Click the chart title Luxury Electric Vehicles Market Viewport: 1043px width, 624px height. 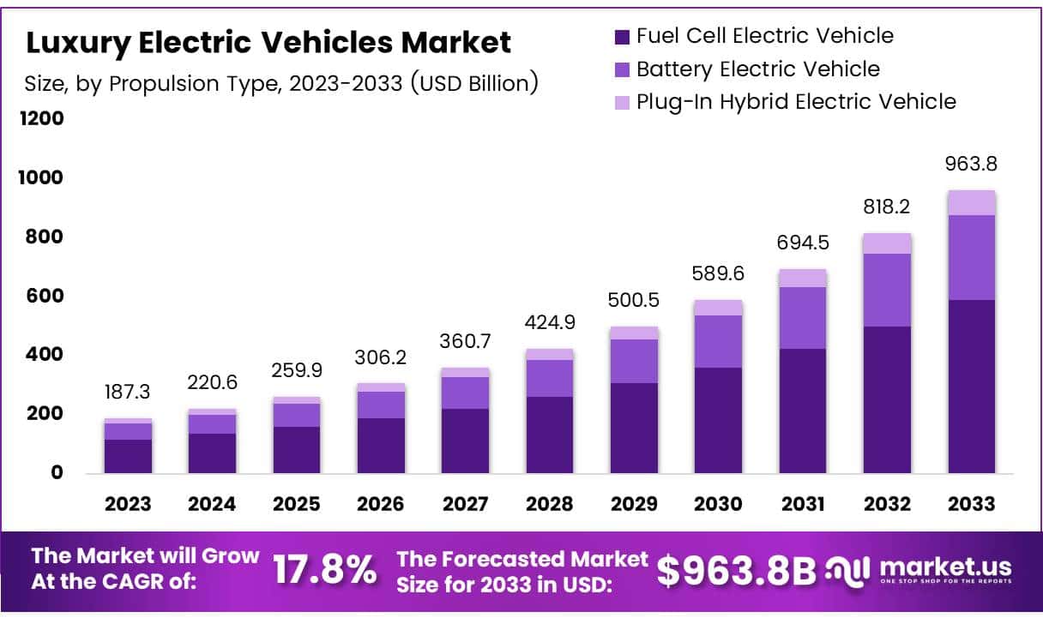(268, 41)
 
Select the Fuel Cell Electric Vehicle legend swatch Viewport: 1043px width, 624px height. (622, 37)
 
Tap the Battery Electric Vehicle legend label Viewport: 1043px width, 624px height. (757, 69)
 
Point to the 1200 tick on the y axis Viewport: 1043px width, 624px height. (42, 118)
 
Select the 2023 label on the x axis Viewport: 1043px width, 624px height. (129, 504)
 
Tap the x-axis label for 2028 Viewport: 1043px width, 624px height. (550, 504)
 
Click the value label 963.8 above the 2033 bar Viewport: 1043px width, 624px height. (972, 164)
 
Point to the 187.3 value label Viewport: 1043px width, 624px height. (129, 392)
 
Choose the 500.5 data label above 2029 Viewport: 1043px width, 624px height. (635, 301)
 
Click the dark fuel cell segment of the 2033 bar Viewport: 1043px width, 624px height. (971, 386)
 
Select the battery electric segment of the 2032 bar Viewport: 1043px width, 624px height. (887, 290)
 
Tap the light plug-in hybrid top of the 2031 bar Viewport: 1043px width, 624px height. (803, 278)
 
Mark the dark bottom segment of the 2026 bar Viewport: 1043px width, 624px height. (381, 445)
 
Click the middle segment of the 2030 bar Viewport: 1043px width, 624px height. (719, 341)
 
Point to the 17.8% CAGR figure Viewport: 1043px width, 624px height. (324, 569)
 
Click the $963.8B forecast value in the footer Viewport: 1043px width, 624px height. (737, 570)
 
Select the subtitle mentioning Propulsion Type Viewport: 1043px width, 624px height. (282, 83)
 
